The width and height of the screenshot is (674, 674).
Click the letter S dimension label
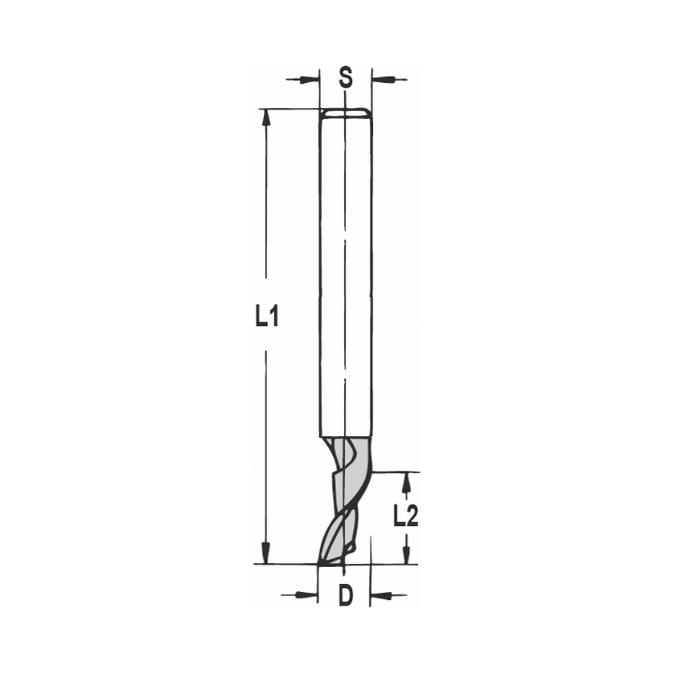(345, 78)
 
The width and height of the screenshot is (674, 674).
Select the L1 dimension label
(267, 315)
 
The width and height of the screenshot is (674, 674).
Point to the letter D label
(345, 596)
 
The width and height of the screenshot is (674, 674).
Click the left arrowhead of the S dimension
(311, 80)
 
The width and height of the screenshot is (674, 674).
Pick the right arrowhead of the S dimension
(379, 80)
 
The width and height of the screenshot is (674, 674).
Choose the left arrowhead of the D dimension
(309, 594)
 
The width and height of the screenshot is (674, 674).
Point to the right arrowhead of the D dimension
(378, 594)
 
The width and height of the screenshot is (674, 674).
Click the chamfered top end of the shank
(344, 112)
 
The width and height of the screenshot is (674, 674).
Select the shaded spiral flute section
(345, 499)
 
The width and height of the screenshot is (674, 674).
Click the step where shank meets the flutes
(344, 435)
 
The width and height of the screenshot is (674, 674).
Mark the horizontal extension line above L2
(394, 472)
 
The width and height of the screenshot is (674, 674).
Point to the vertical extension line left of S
(319, 88)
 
